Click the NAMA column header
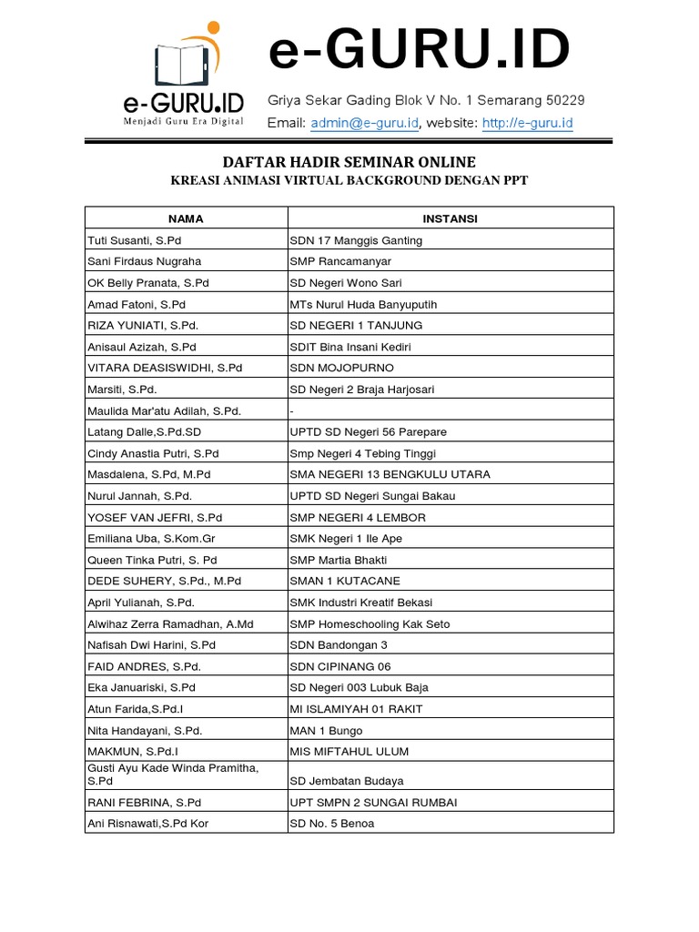pyautogui.click(x=186, y=218)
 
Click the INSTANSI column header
pyautogui.click(x=450, y=218)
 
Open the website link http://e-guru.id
pyautogui.click(x=527, y=123)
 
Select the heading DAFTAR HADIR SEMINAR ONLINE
pyautogui.click(x=349, y=162)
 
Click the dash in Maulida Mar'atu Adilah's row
pyautogui.click(x=291, y=410)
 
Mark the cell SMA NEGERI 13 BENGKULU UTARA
pyautogui.click(x=390, y=474)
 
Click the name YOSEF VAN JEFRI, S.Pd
pyautogui.click(x=154, y=517)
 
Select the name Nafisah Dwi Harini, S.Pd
pyautogui.click(x=150, y=645)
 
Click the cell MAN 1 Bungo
pyautogui.click(x=326, y=730)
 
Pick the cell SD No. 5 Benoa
pyautogui.click(x=331, y=824)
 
